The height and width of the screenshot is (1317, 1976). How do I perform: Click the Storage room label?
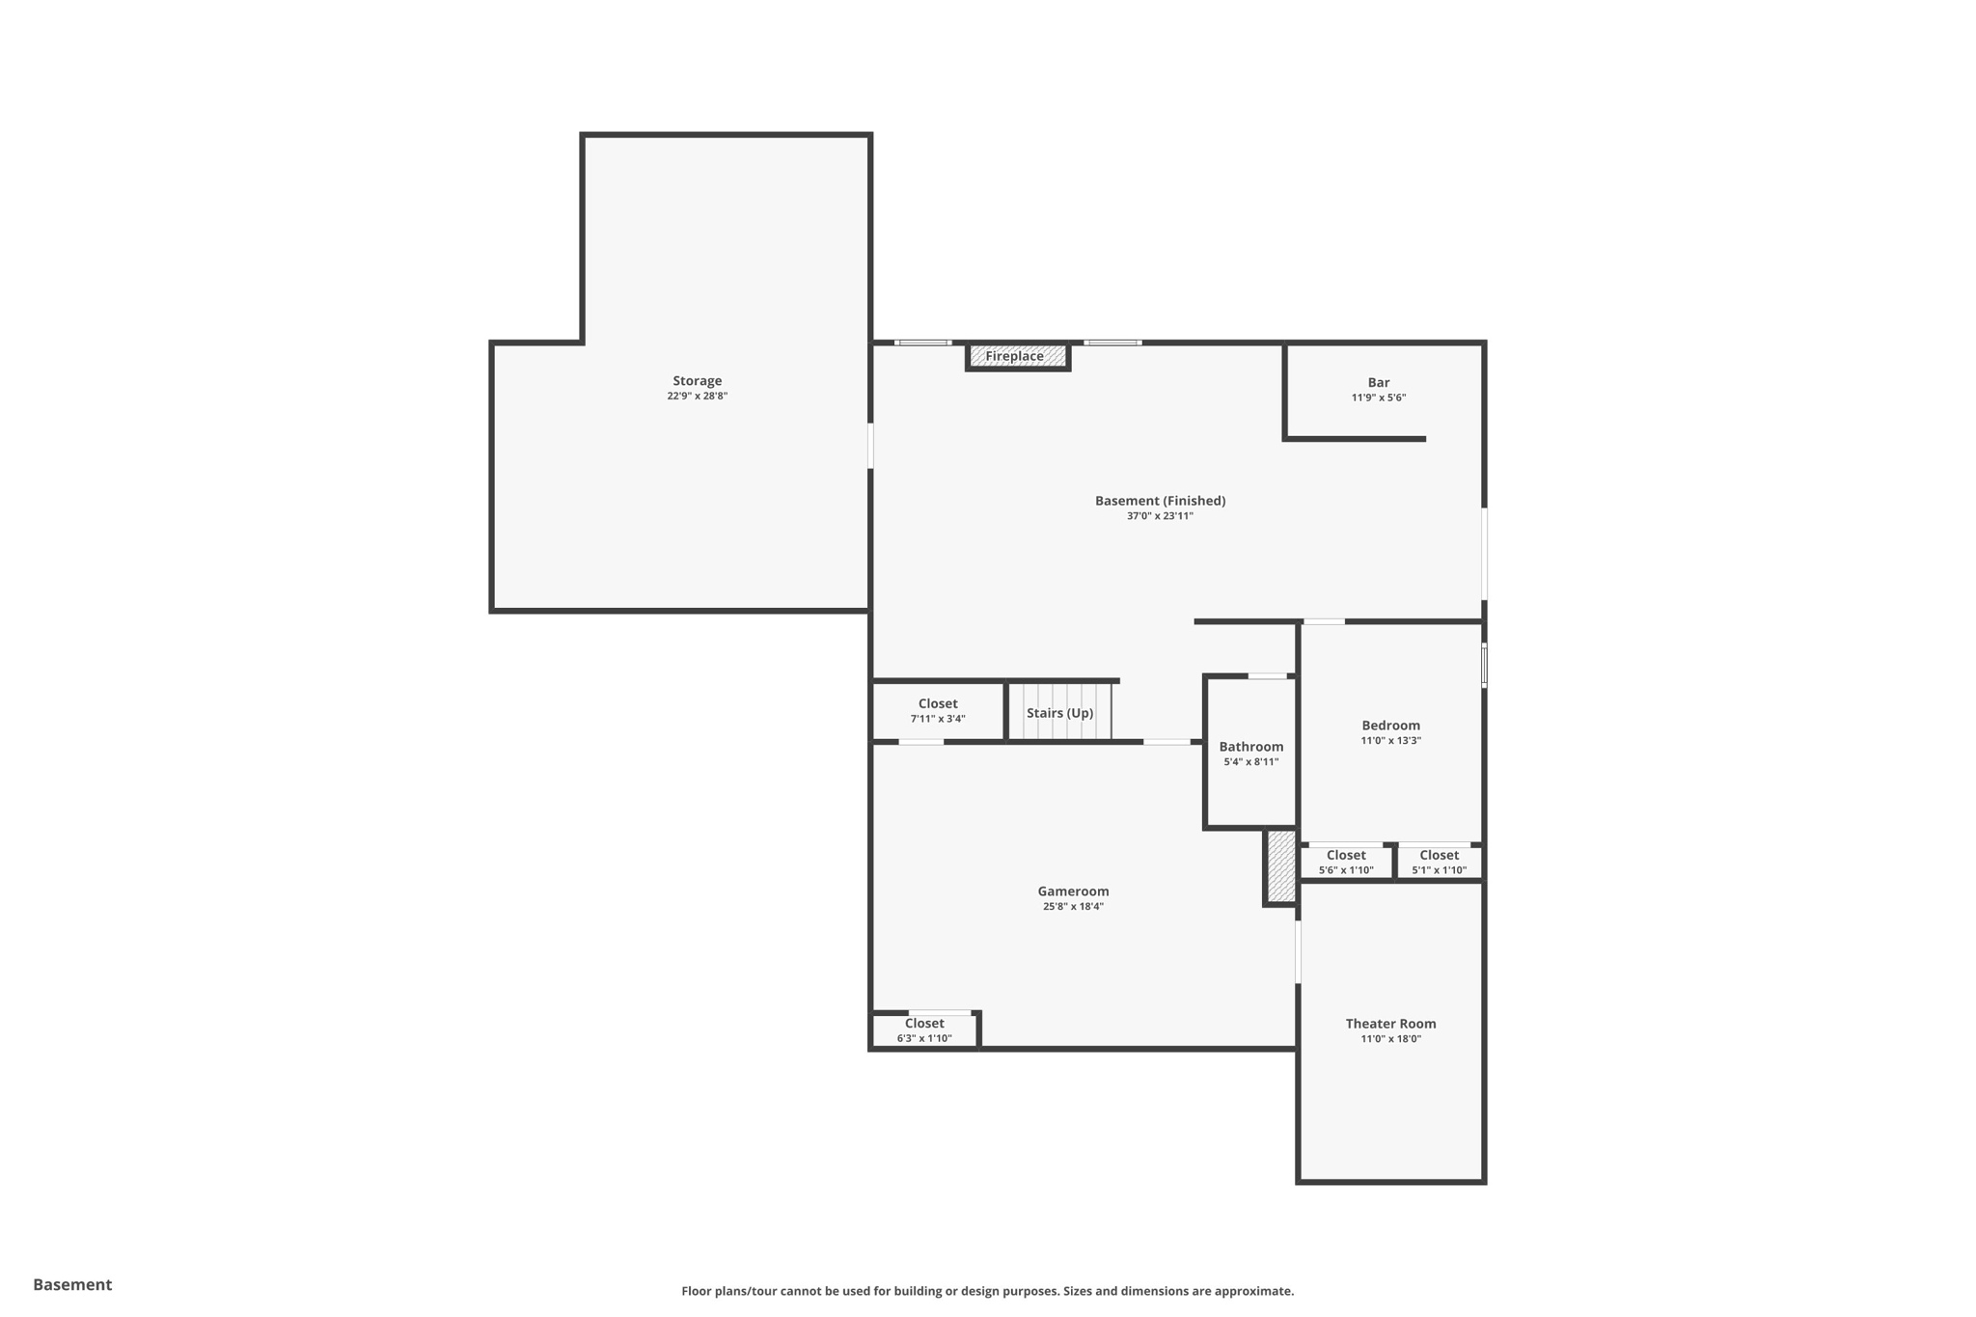(x=697, y=381)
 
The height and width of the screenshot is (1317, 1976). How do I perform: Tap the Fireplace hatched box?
(x=1017, y=357)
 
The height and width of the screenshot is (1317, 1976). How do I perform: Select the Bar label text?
(x=1378, y=383)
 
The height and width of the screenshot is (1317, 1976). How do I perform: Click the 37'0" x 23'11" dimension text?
(x=1160, y=516)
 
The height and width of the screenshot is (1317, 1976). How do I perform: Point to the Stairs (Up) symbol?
(x=1059, y=713)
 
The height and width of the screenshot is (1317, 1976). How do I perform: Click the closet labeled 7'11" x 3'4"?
(x=937, y=710)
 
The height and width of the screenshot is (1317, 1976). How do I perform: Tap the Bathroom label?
(x=1250, y=747)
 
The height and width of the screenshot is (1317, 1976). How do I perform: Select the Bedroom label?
(x=1390, y=726)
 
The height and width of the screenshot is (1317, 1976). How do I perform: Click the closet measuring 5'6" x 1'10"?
(x=1345, y=862)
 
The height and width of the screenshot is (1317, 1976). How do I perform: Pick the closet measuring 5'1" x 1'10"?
(x=1439, y=862)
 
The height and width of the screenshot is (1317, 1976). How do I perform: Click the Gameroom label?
(x=1073, y=892)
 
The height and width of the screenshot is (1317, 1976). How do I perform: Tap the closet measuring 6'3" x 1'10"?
(x=924, y=1029)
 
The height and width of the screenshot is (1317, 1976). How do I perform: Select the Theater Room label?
(x=1390, y=1024)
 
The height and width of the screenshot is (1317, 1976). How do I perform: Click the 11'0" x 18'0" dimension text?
(x=1390, y=1039)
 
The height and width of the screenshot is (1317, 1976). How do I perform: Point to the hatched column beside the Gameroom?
(x=1280, y=866)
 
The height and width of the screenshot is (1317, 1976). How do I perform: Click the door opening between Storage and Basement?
(x=870, y=446)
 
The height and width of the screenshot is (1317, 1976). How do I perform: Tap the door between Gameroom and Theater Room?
(x=1298, y=951)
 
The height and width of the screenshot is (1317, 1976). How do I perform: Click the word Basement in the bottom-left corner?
(x=72, y=1284)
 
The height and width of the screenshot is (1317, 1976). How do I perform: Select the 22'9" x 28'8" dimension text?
(x=697, y=397)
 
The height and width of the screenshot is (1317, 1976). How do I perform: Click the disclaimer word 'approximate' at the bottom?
(x=1253, y=1291)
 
